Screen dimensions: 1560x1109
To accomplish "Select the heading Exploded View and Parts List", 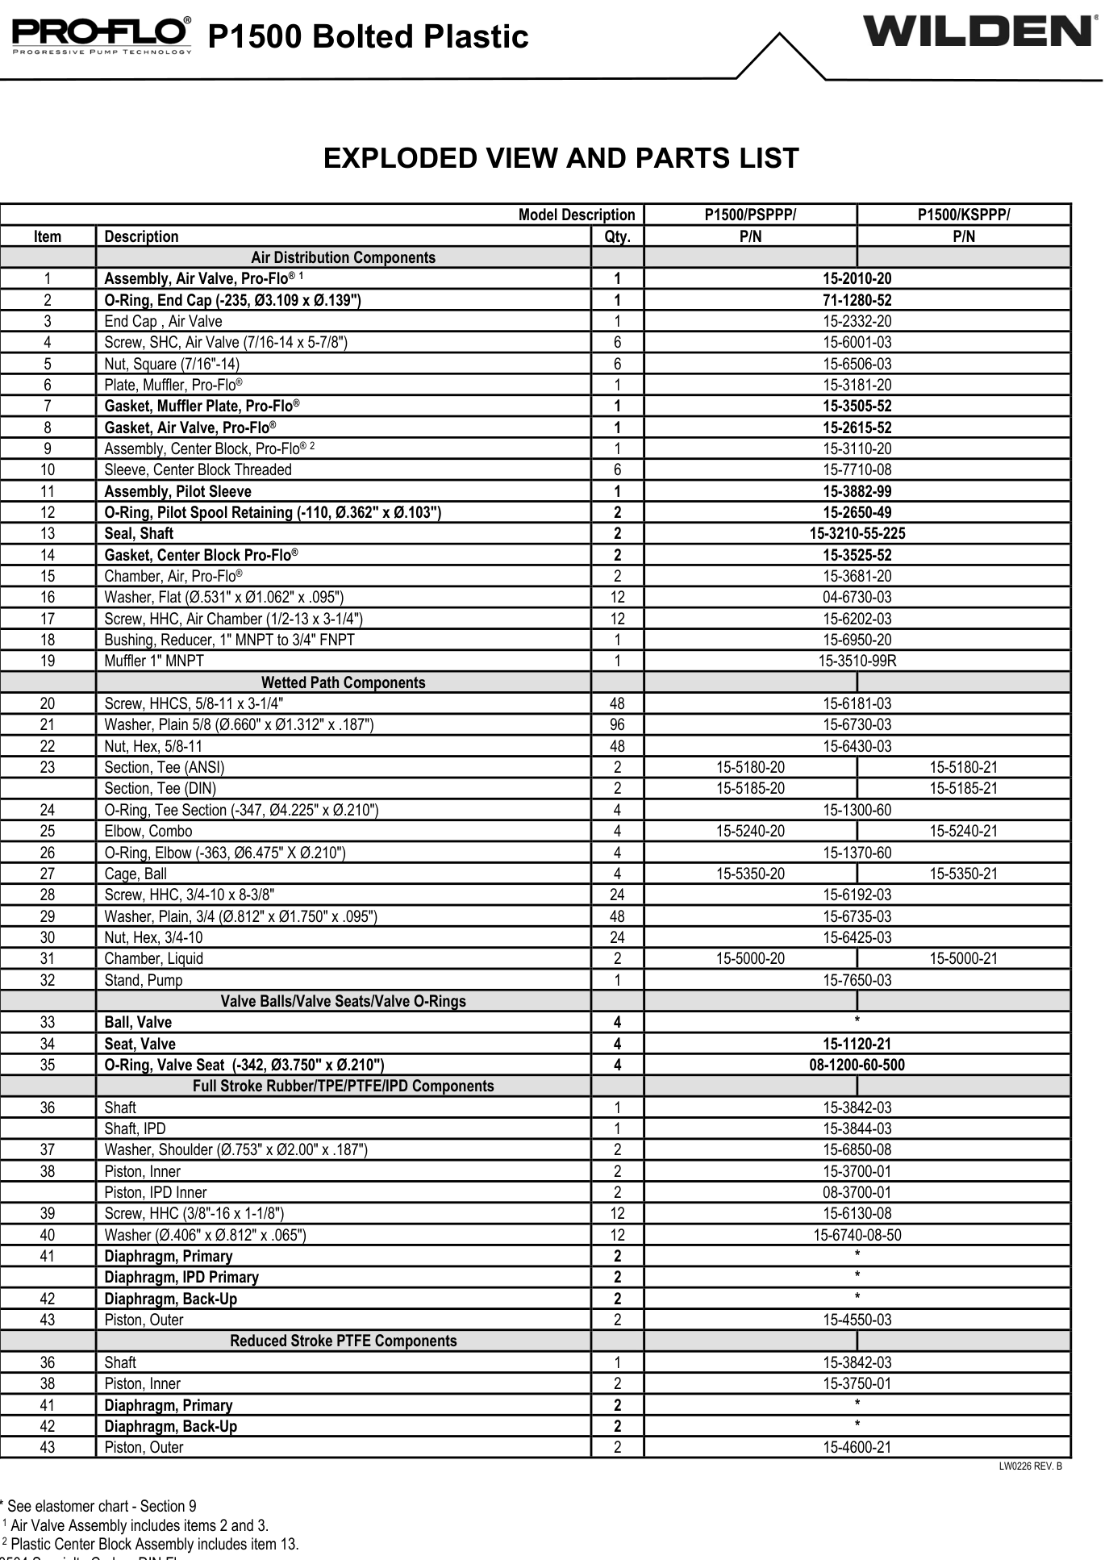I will (x=561, y=158).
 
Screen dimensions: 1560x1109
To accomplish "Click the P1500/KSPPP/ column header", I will (x=963, y=215).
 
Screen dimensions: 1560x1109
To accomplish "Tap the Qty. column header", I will (x=617, y=236).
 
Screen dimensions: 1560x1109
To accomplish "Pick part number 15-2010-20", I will (x=857, y=279).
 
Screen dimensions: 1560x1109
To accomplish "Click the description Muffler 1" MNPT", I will (x=154, y=661).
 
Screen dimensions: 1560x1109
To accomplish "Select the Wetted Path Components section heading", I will (x=343, y=682).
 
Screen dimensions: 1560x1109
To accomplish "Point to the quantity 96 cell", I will (x=617, y=725).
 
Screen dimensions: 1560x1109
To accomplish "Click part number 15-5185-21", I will (x=963, y=789).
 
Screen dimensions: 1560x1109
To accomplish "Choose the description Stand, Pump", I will (x=144, y=980).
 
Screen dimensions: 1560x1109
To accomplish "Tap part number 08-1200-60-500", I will (x=857, y=1066).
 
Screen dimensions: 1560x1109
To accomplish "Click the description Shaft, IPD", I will (x=135, y=1128).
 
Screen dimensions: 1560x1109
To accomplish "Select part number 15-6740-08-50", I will (x=857, y=1235).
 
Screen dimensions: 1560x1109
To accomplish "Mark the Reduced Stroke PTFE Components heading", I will (x=343, y=1341).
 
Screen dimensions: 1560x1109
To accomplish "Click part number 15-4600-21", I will (x=857, y=1447).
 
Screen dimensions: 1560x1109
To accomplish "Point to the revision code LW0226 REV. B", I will (x=1030, y=1466).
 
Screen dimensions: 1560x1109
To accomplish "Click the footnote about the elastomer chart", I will (x=100, y=1506).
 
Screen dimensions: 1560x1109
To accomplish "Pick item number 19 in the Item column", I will (x=48, y=661).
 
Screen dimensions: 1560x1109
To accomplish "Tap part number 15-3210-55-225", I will (x=857, y=534).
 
